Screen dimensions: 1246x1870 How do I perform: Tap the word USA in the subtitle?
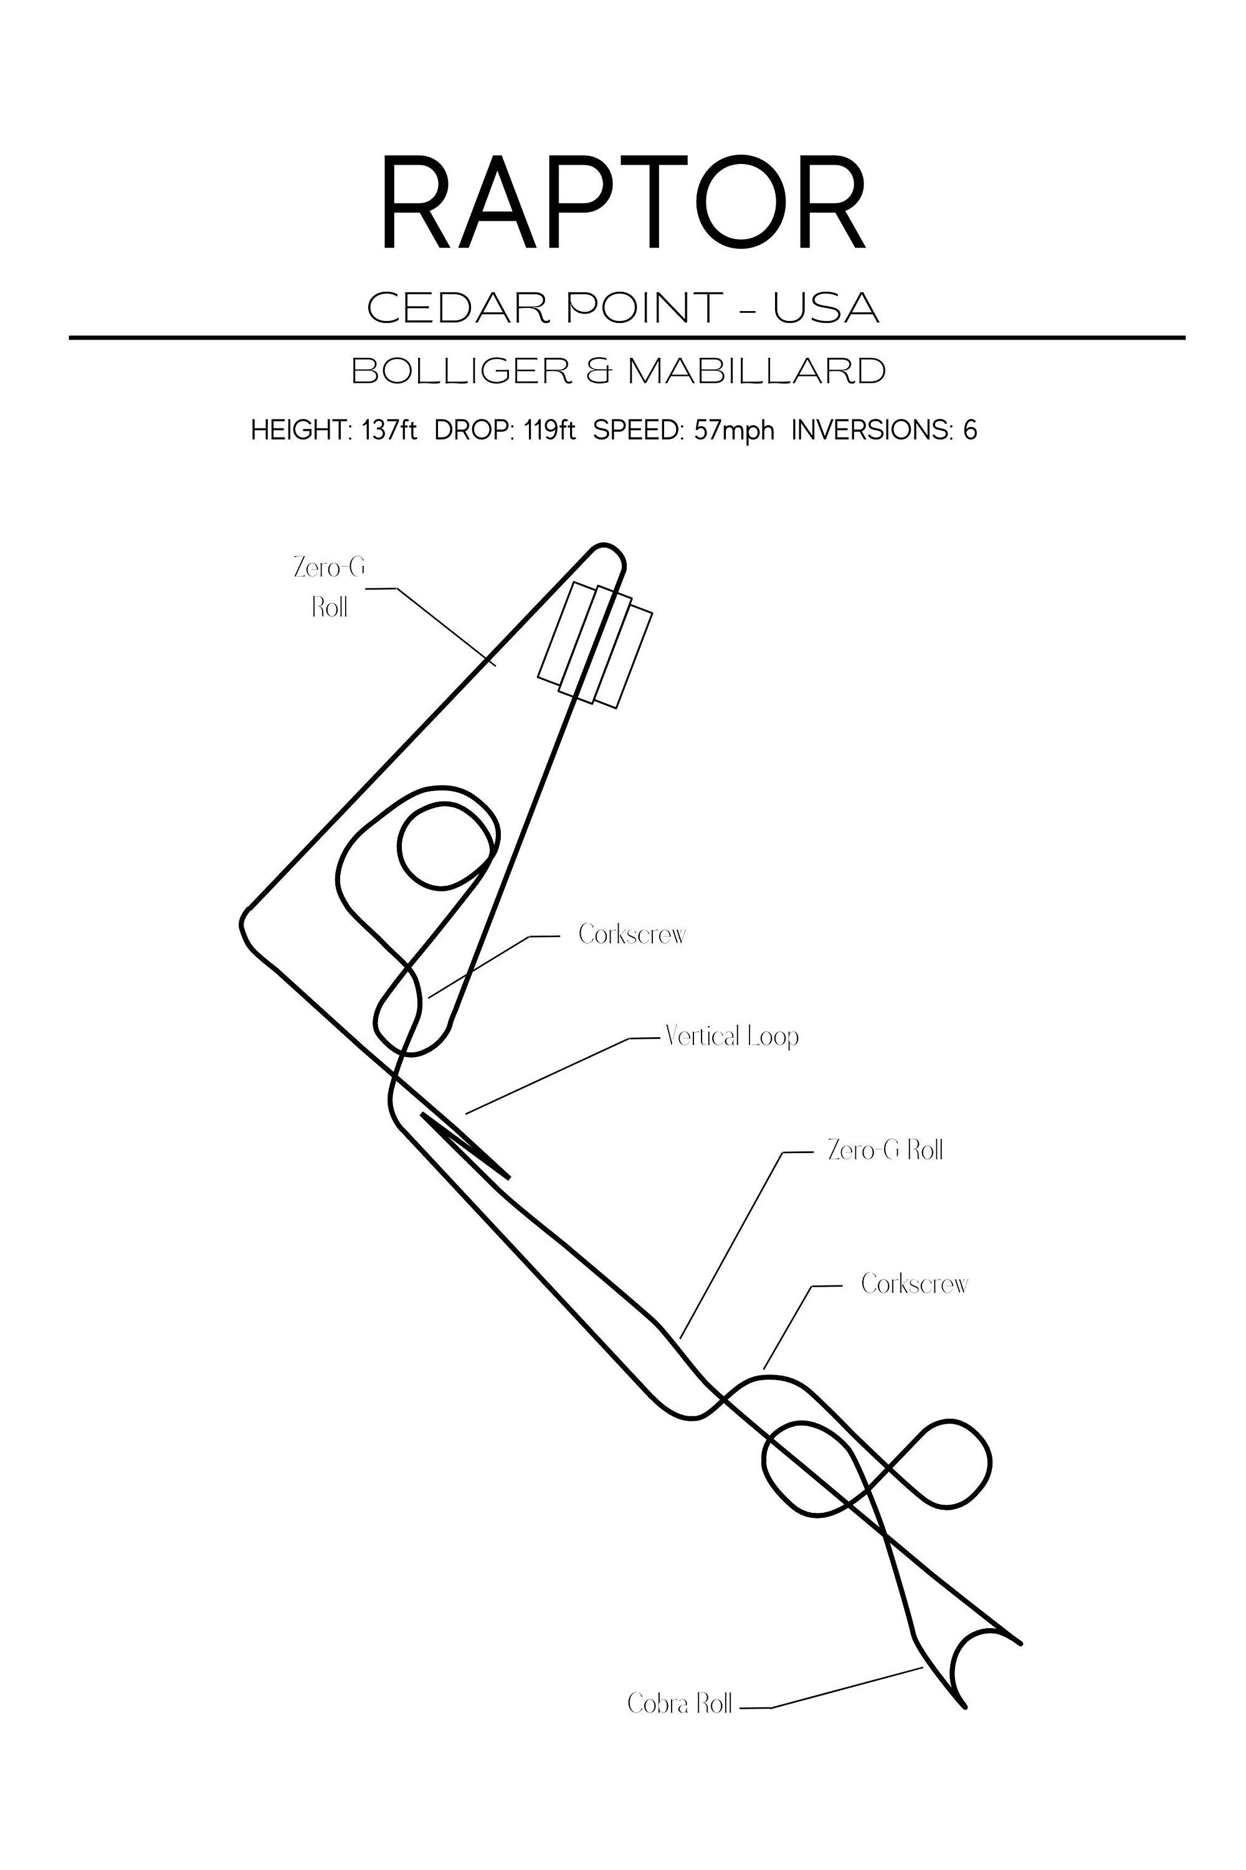827,308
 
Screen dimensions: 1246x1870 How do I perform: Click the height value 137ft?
389,430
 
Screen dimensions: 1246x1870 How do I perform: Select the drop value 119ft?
550,430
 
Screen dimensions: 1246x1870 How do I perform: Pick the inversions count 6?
970,430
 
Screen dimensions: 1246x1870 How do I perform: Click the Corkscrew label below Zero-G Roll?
915,1284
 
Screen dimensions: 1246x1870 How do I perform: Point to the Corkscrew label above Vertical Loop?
632,933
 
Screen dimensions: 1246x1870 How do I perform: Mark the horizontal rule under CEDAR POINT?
627,338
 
